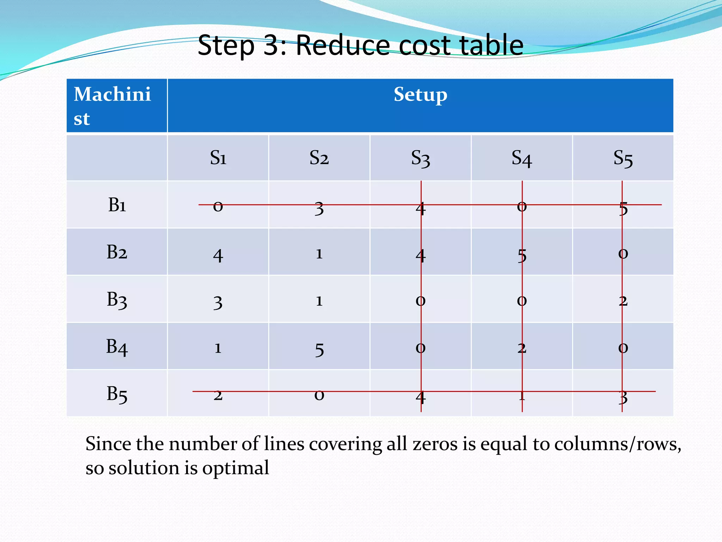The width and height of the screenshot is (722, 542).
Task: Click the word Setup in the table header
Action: click(x=420, y=95)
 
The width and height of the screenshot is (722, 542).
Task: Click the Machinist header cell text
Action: click(x=112, y=106)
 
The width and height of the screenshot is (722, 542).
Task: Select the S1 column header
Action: click(x=218, y=158)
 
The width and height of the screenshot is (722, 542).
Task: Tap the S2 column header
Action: click(x=319, y=158)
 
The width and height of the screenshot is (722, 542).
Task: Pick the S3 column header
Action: click(x=420, y=158)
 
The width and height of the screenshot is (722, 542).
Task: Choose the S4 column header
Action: click(x=521, y=158)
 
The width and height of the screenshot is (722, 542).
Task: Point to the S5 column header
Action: click(x=623, y=158)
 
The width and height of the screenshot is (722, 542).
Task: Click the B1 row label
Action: click(x=117, y=205)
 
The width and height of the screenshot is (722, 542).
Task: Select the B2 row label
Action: click(x=117, y=252)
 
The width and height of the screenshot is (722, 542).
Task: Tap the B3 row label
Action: click(x=117, y=300)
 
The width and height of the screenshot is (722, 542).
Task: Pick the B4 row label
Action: click(x=117, y=347)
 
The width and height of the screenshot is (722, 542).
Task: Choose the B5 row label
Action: click(x=117, y=394)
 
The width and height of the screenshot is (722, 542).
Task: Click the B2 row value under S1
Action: click(x=218, y=255)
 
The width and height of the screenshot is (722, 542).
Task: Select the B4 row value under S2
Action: click(x=319, y=349)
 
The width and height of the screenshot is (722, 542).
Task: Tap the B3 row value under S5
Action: click(x=623, y=301)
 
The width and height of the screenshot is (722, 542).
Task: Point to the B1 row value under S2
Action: click(x=319, y=208)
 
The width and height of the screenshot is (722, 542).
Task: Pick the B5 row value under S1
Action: click(x=218, y=395)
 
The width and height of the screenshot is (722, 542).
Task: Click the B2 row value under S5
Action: click(x=623, y=254)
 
